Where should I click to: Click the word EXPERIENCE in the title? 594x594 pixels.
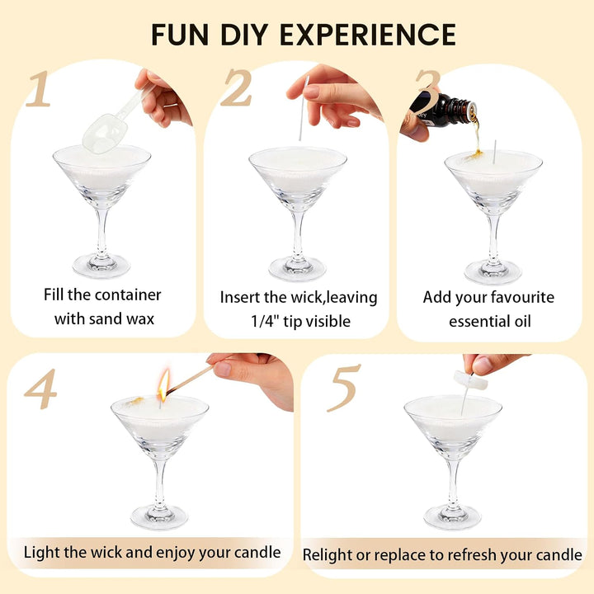pos(367,35)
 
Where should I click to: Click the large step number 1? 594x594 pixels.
pos(39,88)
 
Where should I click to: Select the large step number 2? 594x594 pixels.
pos(237,87)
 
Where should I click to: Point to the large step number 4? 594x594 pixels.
pos(40,389)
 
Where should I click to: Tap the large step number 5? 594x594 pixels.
pos(343,388)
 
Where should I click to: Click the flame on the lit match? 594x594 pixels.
pos(163,385)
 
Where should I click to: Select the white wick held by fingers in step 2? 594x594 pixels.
pos(304,108)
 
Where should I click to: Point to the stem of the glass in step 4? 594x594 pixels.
pos(160,485)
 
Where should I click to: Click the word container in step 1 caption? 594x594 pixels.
pos(127,295)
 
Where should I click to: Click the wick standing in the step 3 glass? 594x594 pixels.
pos(494,152)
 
